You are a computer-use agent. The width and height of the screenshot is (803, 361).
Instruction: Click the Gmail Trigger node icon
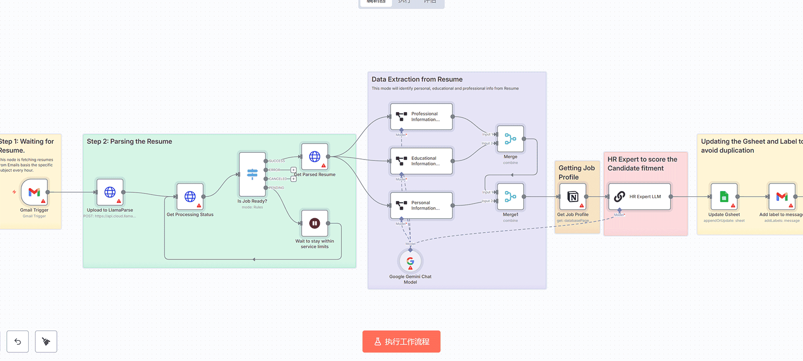pyautogui.click(x=34, y=192)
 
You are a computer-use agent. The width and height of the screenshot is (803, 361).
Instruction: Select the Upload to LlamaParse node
pyautogui.click(x=110, y=192)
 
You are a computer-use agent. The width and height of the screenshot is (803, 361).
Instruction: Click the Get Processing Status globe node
pyautogui.click(x=190, y=196)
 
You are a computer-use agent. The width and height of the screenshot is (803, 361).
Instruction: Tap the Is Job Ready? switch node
pyautogui.click(x=252, y=174)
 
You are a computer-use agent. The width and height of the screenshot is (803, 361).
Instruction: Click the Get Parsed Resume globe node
pyautogui.click(x=315, y=157)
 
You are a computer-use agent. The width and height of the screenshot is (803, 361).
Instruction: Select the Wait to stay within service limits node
pyautogui.click(x=315, y=223)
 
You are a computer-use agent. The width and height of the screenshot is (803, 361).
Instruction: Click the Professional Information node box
pyautogui.click(x=421, y=117)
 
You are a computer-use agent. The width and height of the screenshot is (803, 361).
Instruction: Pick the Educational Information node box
pyautogui.click(x=421, y=161)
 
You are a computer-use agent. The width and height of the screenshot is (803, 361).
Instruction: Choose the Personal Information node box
pyautogui.click(x=421, y=205)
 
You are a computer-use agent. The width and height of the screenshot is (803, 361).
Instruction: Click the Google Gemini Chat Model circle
pyautogui.click(x=410, y=261)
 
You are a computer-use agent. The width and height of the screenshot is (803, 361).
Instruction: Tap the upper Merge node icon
pyautogui.click(x=510, y=139)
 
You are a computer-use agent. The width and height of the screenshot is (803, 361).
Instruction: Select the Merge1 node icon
pyautogui.click(x=510, y=196)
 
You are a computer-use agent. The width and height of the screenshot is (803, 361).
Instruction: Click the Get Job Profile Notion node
pyautogui.click(x=573, y=196)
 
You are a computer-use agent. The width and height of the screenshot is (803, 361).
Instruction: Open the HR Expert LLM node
pyautogui.click(x=639, y=196)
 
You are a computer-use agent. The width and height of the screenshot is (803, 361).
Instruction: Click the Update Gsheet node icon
pyautogui.click(x=724, y=196)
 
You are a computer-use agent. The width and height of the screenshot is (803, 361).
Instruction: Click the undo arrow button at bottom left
pyautogui.click(x=18, y=341)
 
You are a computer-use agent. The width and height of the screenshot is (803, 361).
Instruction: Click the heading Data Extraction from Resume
pyautogui.click(x=417, y=79)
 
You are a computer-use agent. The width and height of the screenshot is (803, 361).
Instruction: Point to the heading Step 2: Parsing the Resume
pyautogui.click(x=129, y=141)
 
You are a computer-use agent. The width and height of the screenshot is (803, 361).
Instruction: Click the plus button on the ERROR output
pyautogui.click(x=293, y=170)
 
